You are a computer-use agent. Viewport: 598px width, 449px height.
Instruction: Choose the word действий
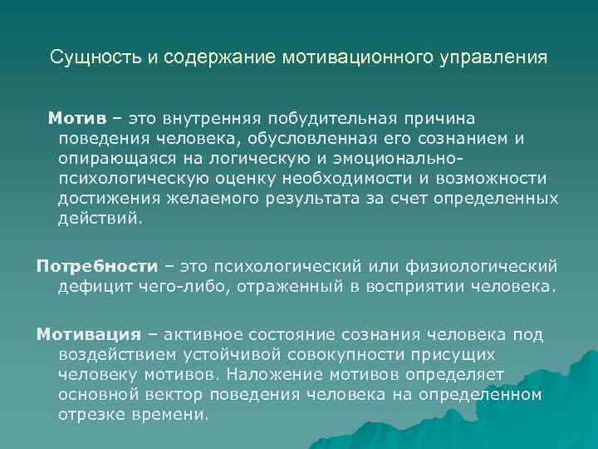(100, 219)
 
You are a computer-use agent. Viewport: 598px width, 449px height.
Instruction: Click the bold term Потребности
(96, 266)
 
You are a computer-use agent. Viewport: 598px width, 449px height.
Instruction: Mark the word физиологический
(491, 266)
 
